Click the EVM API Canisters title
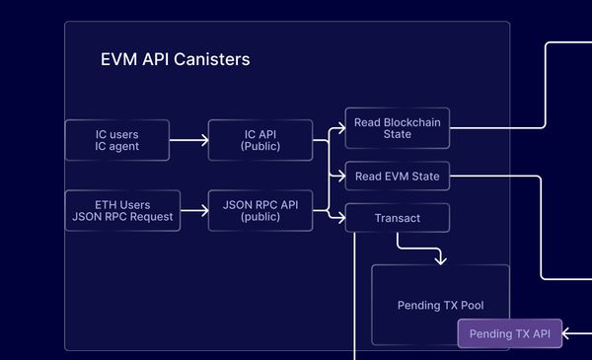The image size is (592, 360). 176,59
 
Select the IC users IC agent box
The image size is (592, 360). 117,140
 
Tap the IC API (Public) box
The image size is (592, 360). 260,140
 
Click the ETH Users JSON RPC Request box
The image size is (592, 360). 123,210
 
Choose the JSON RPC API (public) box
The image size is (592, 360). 260,210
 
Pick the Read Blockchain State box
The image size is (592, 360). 397,128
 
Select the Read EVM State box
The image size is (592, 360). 397,177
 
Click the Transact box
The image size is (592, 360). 398,217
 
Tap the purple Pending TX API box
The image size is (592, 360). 509,334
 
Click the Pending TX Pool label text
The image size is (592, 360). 440,305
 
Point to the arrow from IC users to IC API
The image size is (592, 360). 188,140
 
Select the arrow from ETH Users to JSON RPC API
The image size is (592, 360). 194,210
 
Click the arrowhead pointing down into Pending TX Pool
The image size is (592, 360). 440,259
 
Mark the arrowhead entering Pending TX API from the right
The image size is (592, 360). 566,334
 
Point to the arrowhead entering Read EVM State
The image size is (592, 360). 340,177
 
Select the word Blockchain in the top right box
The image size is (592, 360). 411,122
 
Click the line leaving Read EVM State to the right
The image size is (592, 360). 493,177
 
